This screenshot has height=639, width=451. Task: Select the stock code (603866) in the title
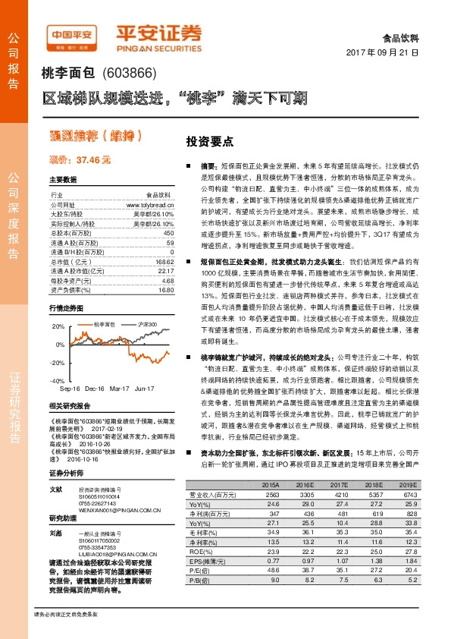click(x=129, y=74)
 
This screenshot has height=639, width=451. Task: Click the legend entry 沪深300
click(x=149, y=324)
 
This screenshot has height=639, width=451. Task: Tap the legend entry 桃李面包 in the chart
click(x=104, y=324)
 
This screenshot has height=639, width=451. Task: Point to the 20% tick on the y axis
click(x=58, y=326)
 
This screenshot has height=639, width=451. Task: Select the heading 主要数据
click(x=63, y=179)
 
